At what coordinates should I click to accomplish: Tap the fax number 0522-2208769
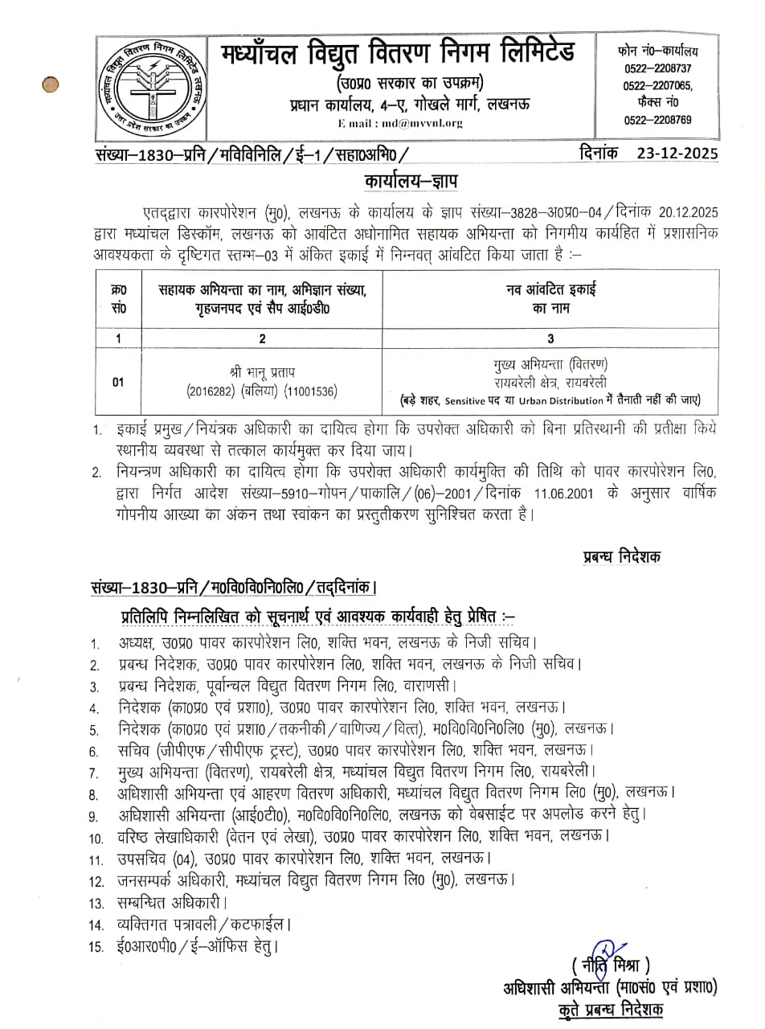(657, 120)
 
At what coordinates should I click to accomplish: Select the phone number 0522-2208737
(657, 69)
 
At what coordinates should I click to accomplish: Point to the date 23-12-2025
(677, 154)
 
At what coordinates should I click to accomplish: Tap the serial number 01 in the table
(118, 382)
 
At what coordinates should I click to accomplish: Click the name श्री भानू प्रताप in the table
(262, 373)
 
